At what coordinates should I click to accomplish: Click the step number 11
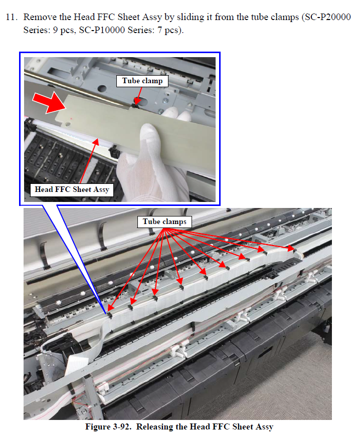click(x=12, y=17)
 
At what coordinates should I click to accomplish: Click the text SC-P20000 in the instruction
click(x=328, y=17)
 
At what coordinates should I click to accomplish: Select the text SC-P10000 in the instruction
click(x=102, y=30)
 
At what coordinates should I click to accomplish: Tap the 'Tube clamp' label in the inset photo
click(x=142, y=81)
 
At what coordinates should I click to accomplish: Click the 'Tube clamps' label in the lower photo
click(x=164, y=222)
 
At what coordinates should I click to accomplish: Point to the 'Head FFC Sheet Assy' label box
click(x=72, y=190)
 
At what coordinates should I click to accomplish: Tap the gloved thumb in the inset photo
click(x=151, y=139)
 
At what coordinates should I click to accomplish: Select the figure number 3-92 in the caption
click(x=122, y=426)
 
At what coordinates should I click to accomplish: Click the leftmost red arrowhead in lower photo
click(x=110, y=307)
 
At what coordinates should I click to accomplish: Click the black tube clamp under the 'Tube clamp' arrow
click(x=136, y=105)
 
